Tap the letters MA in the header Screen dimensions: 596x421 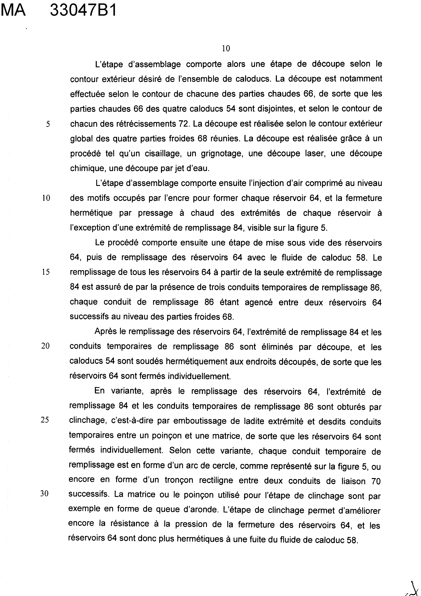tap(13, 11)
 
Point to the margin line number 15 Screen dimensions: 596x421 tap(46, 272)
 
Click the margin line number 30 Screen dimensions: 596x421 tap(44, 494)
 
